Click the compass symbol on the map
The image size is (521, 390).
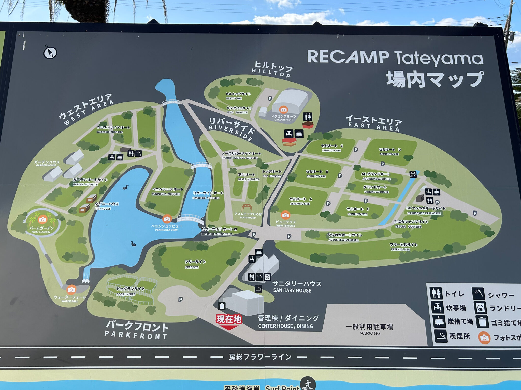[50, 53]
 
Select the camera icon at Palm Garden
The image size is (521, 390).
[42, 219]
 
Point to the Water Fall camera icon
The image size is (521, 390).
[71, 289]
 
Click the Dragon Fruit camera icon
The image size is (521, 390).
[283, 110]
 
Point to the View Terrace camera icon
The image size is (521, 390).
[285, 215]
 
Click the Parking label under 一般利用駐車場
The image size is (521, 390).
[370, 333]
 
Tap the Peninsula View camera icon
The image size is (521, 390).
[167, 219]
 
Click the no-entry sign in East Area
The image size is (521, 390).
[413, 174]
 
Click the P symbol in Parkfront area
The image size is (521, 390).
[180, 300]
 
